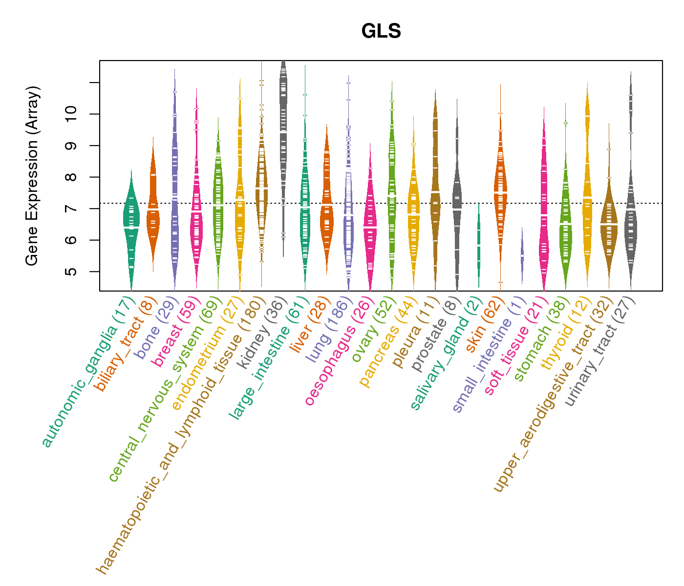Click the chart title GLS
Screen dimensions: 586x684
point(381,31)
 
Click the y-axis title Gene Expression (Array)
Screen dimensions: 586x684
point(32,176)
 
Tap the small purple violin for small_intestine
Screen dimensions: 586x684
point(522,255)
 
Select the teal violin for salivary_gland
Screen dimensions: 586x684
point(479,244)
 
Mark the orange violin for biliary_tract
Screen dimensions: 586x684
point(153,210)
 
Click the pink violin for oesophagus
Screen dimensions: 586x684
point(370,225)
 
